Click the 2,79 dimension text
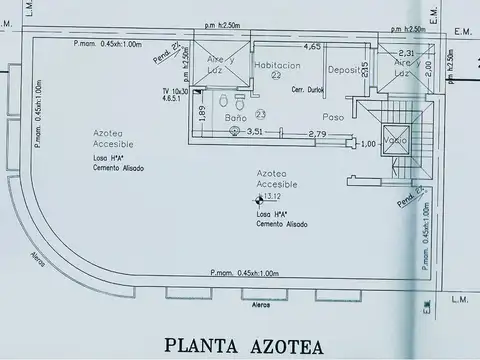pyautogui.click(x=317, y=133)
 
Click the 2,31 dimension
pyautogui.click(x=406, y=53)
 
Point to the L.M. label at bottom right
pyautogui.click(x=460, y=299)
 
